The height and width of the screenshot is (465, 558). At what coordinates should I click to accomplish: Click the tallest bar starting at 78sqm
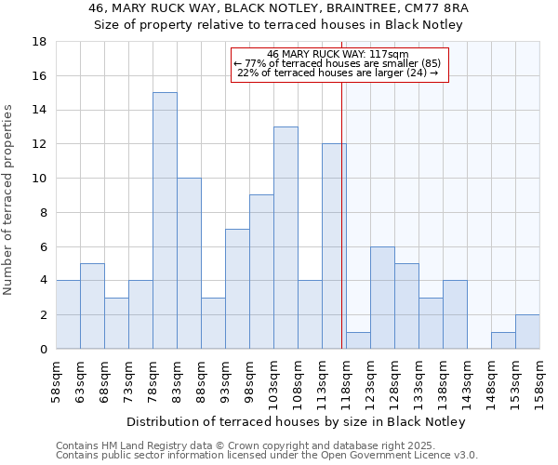165,220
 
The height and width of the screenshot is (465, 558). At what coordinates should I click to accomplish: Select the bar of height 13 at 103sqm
286,238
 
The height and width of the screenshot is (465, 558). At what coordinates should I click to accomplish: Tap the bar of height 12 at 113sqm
334,246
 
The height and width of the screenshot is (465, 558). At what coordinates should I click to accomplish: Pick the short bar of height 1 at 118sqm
358,340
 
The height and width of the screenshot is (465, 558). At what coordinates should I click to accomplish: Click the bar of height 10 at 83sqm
189,263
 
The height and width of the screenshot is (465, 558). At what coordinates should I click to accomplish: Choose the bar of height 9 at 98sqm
261,272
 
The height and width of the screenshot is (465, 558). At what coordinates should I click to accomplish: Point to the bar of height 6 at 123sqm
382,298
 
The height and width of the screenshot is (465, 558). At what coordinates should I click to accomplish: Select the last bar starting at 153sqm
527,332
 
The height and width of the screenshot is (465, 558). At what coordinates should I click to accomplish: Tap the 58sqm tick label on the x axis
57,379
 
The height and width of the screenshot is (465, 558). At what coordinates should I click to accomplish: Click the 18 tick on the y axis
40,42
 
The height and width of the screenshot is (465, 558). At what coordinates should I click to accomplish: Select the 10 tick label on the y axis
40,179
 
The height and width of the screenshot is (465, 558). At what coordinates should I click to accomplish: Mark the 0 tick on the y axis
43,349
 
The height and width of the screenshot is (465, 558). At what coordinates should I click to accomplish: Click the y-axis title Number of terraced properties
9,200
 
